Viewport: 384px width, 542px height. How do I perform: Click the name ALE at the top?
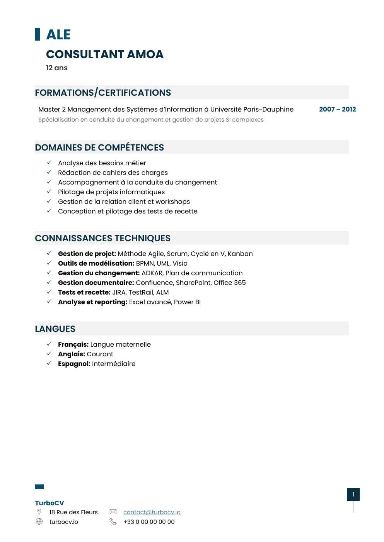coord(58,35)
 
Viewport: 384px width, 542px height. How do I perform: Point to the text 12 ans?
coord(57,68)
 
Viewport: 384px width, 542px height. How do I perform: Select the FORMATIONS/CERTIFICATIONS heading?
coord(103,93)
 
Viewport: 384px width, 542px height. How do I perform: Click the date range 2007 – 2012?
coord(337,109)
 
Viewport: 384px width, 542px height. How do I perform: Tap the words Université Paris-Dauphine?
coord(252,109)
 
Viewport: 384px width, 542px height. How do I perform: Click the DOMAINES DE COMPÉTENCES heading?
coord(99,147)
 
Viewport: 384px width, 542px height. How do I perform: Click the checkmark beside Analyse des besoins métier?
coord(49,163)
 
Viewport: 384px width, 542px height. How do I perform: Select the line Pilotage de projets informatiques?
coord(111,192)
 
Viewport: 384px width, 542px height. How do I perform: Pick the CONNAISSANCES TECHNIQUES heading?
coord(103,238)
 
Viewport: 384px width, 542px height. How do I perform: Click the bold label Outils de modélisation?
coord(96,263)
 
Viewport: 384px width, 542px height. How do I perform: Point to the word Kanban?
coord(240,254)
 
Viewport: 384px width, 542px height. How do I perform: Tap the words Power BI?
coord(187,302)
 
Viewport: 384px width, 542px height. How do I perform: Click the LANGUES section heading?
coord(55,329)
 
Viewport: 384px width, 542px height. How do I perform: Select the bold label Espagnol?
coord(74,364)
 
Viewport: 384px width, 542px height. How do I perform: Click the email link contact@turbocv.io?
coord(152,512)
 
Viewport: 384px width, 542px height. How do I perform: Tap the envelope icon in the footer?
coord(113,512)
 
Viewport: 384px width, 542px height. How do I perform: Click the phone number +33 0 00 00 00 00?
coord(149,522)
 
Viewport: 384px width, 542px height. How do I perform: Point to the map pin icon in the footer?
coord(39,512)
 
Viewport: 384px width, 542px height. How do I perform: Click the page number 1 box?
coord(353,495)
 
